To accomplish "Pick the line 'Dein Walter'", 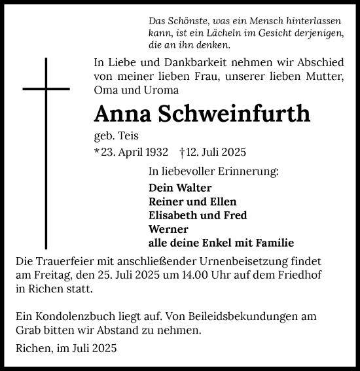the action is pos(175,188).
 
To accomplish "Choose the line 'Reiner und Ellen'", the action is pos(192,202).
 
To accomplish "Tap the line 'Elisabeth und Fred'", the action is pos(198,215).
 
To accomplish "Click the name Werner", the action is pos(168,229).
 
